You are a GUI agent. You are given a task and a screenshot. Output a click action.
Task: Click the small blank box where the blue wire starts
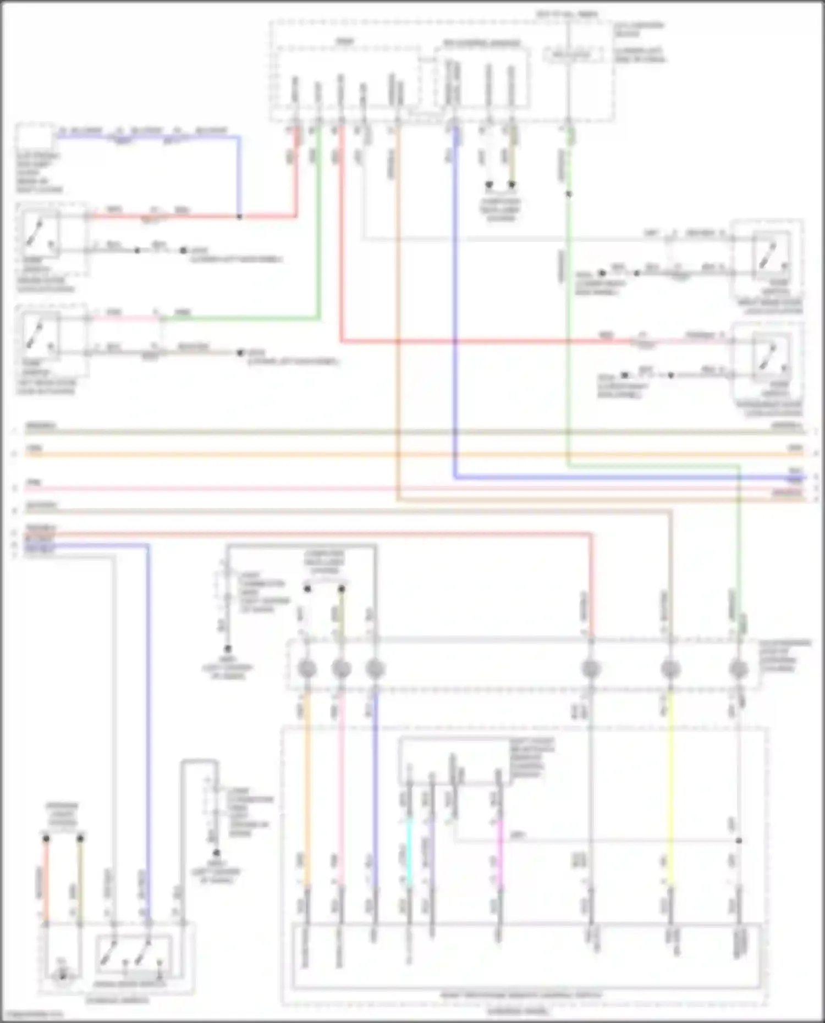click(34, 137)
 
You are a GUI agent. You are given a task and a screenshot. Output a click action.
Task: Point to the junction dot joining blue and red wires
click(239, 217)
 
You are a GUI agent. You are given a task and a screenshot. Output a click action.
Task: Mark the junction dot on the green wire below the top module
click(569, 194)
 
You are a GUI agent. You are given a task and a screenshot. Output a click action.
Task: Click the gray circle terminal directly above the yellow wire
click(670, 669)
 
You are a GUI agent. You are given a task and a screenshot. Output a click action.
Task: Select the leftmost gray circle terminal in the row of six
click(307, 669)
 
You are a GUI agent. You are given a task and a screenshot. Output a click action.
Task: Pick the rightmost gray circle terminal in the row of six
click(738, 669)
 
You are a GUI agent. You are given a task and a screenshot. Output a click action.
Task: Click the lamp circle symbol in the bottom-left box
click(63, 976)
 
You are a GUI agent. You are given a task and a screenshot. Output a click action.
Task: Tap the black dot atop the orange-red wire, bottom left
click(46, 839)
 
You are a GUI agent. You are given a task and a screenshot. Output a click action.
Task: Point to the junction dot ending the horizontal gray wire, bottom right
click(739, 841)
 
